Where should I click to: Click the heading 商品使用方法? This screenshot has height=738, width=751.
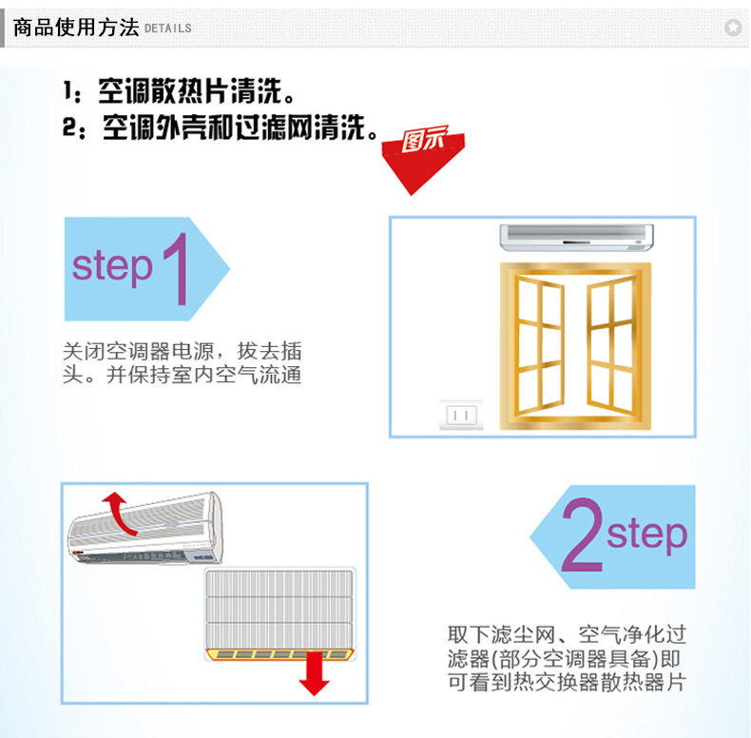coord(76,27)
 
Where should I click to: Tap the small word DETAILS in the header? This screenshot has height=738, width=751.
coord(168,29)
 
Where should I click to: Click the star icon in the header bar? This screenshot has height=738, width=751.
coord(732,28)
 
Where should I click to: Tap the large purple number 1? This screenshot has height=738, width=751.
coord(176,269)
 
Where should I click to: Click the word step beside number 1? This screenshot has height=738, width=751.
coord(112,267)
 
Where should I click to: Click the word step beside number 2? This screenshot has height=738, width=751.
coord(646,534)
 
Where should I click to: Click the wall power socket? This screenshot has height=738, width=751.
coord(460,415)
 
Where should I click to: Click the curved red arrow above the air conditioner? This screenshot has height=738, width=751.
coord(117,512)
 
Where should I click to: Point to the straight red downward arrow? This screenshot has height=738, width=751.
coord(312,675)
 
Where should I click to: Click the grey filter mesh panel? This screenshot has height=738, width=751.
coord(280,606)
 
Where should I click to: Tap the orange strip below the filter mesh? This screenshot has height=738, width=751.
coord(280,653)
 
